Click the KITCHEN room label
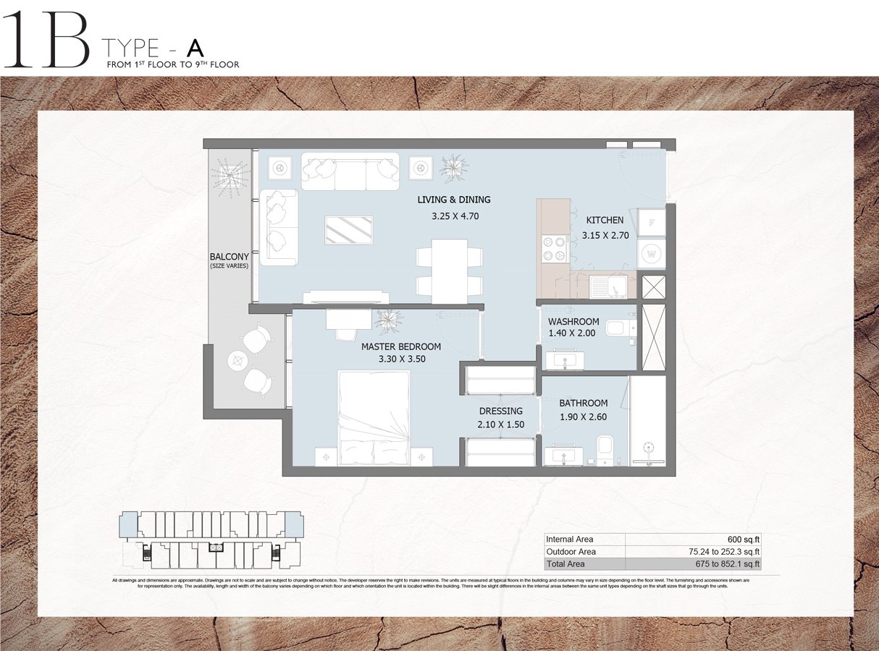tap(605, 220)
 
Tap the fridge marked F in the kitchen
tap(652, 223)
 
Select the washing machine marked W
tap(652, 255)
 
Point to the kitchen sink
tap(607, 287)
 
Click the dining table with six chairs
tap(449, 271)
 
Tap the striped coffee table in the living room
tap(350, 231)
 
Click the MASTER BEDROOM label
tap(401, 346)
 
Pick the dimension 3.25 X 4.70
tap(455, 216)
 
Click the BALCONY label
tap(229, 257)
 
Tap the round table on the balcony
tap(238, 359)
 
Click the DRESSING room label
tap(500, 411)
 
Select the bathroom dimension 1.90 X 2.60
tap(583, 417)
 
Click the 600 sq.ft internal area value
tap(745, 539)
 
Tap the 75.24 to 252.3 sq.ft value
tap(725, 552)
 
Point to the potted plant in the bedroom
tap(389, 319)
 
